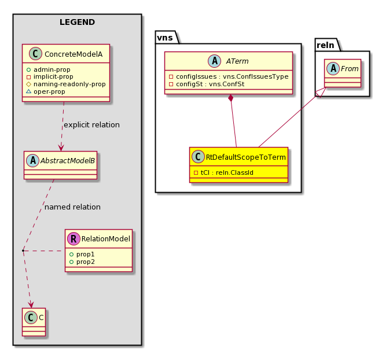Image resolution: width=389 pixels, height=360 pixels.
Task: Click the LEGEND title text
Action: tap(77, 22)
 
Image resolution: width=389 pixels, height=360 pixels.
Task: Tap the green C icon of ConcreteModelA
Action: tap(35, 54)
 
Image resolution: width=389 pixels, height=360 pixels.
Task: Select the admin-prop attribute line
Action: tap(49, 69)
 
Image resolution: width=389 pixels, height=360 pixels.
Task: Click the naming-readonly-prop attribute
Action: tap(66, 84)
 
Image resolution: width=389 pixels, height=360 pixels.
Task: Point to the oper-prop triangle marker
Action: tap(28, 91)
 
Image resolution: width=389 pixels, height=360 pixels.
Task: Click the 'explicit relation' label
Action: tap(91, 124)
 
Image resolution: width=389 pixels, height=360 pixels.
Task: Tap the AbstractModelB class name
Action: tap(68, 161)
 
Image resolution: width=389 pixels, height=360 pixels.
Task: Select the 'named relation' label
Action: tap(72, 207)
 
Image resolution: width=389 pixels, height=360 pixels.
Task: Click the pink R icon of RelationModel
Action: tap(74, 238)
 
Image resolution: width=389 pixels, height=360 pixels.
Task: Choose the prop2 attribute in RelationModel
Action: tap(82, 262)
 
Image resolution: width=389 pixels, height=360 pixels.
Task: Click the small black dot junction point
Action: tap(23, 251)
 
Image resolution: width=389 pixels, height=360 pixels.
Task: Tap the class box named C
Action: tap(34, 322)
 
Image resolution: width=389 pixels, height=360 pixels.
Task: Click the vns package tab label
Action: tap(165, 38)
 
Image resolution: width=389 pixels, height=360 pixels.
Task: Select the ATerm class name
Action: tap(237, 61)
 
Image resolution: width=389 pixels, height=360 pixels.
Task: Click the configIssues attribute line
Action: tap(229, 76)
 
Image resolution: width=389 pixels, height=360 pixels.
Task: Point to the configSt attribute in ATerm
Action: tap(207, 84)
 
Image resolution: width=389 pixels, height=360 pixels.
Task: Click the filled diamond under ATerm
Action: tap(231, 98)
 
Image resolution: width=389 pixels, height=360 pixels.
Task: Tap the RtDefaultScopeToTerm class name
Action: tap(246, 157)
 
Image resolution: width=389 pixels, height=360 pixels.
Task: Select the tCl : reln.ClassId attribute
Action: tap(223, 172)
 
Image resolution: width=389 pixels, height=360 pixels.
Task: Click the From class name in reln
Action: tap(350, 69)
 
